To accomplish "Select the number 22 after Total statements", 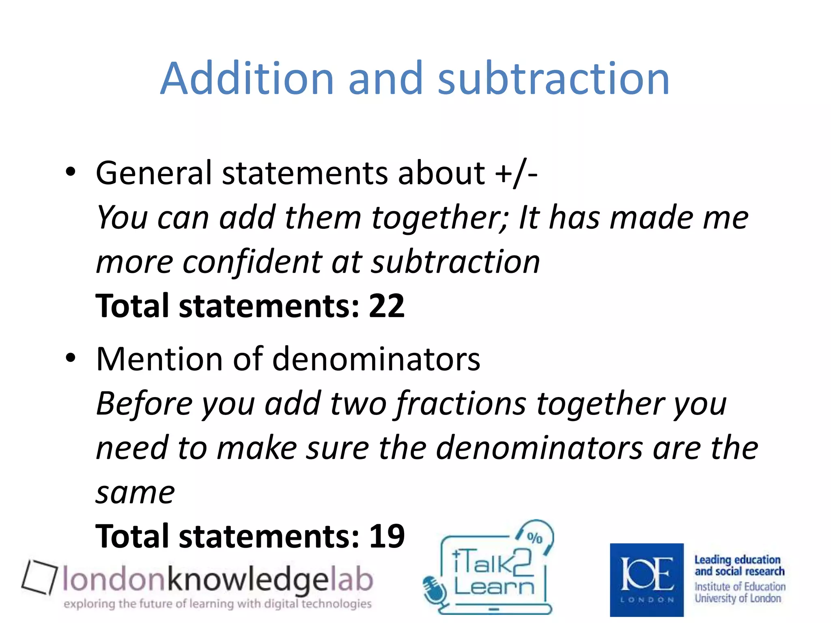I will pyautogui.click(x=386, y=306).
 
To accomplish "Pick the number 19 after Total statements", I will pyautogui.click(x=386, y=536).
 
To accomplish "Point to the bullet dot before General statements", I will pyautogui.click(x=71, y=172).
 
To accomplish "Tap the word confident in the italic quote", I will pyautogui.click(x=252, y=262).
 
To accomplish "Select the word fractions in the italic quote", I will pyautogui.click(x=461, y=404).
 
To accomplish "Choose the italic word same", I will pyautogui.click(x=135, y=493).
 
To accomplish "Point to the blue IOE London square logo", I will pyautogui.click(x=646, y=580).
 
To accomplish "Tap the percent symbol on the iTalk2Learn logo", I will pyautogui.click(x=534, y=538).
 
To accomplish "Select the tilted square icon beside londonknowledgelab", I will pyautogui.click(x=39, y=577).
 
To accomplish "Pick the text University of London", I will pyautogui.click(x=738, y=598).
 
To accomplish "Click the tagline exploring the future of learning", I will pyautogui.click(x=217, y=604).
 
